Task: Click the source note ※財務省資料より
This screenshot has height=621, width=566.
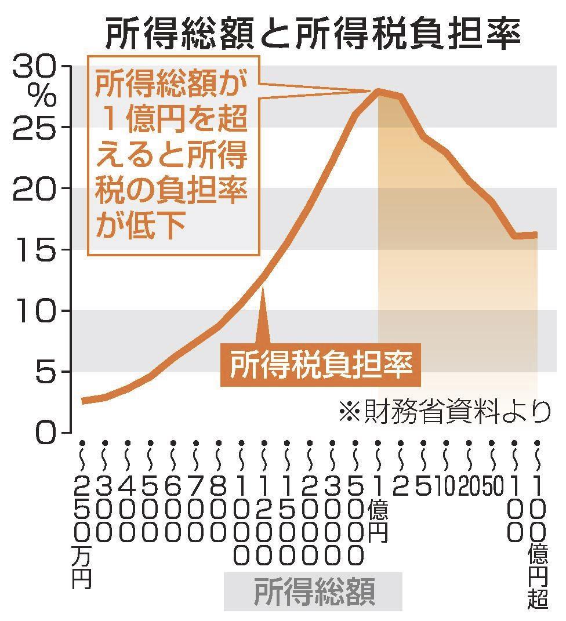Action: point(444,411)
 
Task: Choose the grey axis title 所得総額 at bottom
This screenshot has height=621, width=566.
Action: point(313,592)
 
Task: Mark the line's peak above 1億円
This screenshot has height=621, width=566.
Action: point(378,90)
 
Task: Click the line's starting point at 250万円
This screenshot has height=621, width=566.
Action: point(84,401)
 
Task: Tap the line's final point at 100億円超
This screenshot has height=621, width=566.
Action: point(536,235)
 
